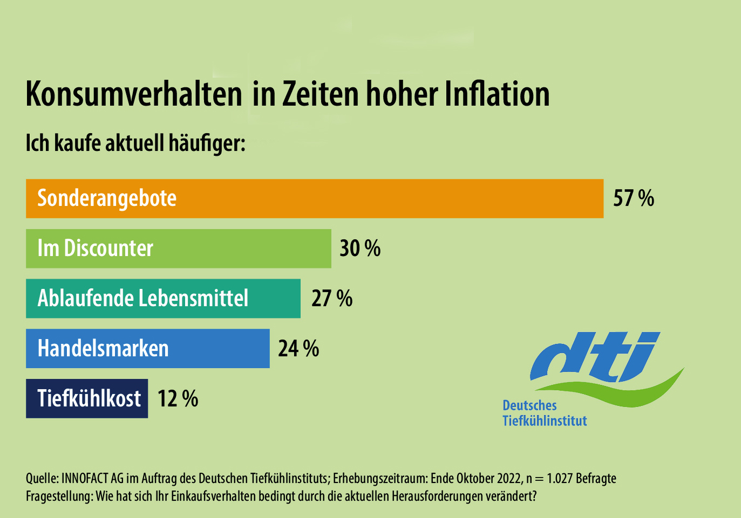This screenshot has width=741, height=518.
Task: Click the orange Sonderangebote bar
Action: point(314,198)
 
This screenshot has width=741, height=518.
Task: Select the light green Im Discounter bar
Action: point(178,248)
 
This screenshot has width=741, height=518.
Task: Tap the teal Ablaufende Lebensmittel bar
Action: point(163,299)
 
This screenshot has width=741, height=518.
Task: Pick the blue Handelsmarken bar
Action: point(147,349)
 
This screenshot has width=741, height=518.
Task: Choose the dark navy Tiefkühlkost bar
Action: point(87,399)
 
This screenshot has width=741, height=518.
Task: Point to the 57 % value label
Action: point(634,198)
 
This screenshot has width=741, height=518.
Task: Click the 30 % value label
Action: point(360,248)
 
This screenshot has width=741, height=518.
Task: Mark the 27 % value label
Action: point(332,299)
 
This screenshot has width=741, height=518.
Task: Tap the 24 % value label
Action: point(298,349)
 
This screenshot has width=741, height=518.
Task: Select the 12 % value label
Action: point(178,399)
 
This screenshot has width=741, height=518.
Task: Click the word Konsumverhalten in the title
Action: point(134,94)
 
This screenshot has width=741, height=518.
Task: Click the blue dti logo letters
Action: point(594,356)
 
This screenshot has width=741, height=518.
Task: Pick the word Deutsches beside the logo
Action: point(529,405)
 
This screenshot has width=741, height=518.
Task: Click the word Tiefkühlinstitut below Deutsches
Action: point(545,420)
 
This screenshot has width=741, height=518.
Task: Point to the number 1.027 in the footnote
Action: point(560,479)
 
